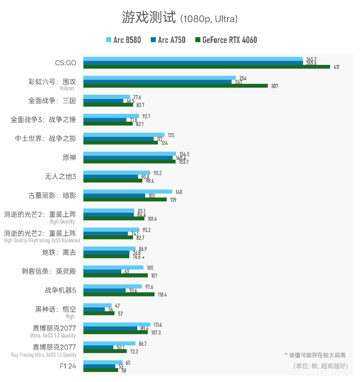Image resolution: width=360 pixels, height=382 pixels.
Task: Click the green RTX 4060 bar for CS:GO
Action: click(x=206, y=67)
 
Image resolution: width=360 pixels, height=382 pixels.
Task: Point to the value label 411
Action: click(x=336, y=67)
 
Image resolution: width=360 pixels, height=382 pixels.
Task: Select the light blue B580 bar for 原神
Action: click(x=129, y=154)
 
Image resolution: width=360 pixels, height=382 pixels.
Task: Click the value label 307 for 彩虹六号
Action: click(x=275, y=86)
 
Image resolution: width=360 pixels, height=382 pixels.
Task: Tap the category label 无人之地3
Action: click(x=61, y=176)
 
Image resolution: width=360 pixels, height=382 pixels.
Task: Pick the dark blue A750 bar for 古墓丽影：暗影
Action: click(x=114, y=195)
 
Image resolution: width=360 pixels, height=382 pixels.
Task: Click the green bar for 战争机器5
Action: click(x=119, y=294)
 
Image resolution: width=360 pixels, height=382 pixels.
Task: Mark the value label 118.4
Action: click(x=162, y=295)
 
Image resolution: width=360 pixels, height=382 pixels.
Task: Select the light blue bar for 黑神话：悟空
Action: click(x=97, y=305)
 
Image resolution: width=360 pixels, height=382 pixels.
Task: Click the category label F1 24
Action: click(x=68, y=366)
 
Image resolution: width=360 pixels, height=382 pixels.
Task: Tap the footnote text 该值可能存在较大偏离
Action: click(x=317, y=355)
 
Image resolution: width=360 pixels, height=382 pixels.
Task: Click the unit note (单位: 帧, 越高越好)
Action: click(x=320, y=366)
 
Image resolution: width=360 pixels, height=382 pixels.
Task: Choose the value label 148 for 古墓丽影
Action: click(x=179, y=192)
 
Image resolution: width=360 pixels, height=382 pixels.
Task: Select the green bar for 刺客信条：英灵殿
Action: click(x=115, y=275)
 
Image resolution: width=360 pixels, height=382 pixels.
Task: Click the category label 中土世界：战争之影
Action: click(x=45, y=139)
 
